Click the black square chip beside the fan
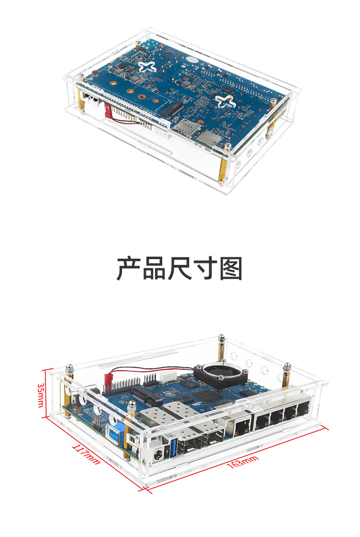tap(207, 395)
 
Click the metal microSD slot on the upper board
tap(207, 138)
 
